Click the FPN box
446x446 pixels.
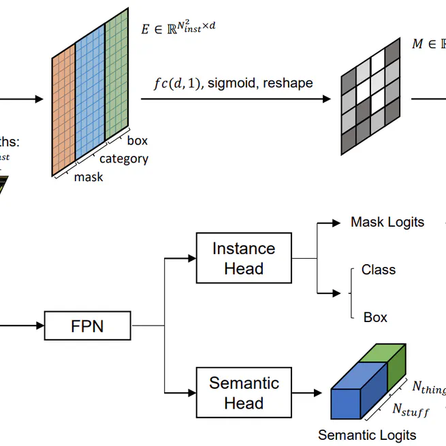click(87, 326)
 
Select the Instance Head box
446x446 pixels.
click(243, 258)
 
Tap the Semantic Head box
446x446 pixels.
click(243, 393)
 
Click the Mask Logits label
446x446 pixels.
click(387, 222)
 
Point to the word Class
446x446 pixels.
click(379, 270)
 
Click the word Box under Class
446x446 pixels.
click(375, 317)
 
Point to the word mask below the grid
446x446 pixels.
click(89, 177)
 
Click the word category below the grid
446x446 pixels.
click(123, 159)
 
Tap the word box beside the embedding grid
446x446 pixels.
click(137, 141)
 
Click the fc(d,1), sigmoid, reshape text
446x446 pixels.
click(233, 83)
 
